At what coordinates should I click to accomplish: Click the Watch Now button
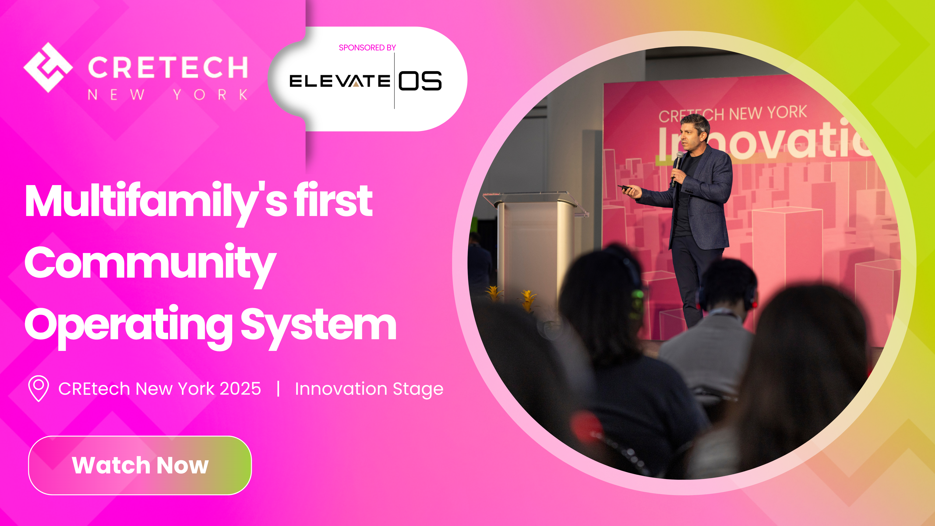(140, 465)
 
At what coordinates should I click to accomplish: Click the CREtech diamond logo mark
(48, 67)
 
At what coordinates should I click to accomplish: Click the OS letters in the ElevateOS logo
(420, 81)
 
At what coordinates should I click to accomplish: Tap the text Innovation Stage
(369, 389)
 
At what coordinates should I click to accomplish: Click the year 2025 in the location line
(240, 389)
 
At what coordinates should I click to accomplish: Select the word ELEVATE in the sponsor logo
(339, 81)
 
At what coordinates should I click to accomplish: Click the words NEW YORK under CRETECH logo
(168, 95)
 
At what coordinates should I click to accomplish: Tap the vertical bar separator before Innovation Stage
(278, 389)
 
